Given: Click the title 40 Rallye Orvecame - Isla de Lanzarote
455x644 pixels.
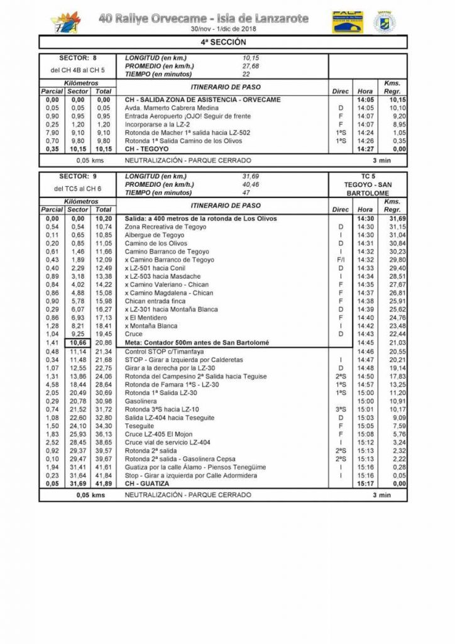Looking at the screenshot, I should [204, 19].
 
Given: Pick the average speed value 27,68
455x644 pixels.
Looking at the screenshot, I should [251, 65].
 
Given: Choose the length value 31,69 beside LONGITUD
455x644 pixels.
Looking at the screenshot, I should [251, 177].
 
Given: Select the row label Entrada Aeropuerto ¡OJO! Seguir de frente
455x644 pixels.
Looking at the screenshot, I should [187, 116].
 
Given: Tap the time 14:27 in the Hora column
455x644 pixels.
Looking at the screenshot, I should [365, 149].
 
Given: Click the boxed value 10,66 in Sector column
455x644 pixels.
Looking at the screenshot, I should [78, 342].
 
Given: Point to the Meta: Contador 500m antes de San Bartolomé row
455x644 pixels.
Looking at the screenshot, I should [197, 342].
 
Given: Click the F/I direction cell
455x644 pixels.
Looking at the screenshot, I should [340, 260].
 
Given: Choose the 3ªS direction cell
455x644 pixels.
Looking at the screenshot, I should [340, 409].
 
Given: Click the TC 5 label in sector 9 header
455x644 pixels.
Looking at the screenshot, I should [367, 177].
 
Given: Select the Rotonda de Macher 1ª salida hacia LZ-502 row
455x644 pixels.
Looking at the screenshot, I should [187, 133].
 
